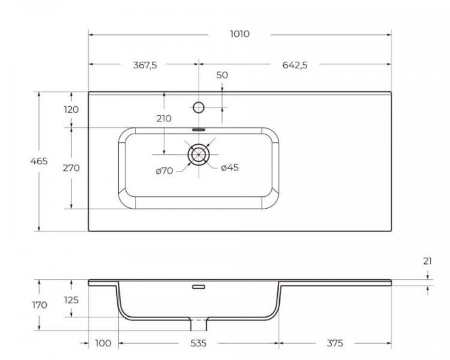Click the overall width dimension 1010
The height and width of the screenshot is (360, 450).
pyautogui.click(x=239, y=34)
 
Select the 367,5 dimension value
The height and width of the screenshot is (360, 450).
pyautogui.click(x=145, y=65)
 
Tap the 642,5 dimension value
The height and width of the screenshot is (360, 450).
pyautogui.click(x=295, y=65)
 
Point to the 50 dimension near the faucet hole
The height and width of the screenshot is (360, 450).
pyautogui.click(x=222, y=75)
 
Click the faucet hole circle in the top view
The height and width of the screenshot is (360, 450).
pyautogui.click(x=199, y=107)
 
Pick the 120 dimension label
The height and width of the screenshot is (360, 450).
pyautogui.click(x=71, y=110)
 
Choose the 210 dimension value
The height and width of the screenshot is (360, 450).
pyautogui.click(x=164, y=118)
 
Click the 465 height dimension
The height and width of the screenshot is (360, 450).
pyautogui.click(x=40, y=161)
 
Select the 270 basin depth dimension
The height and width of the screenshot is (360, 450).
pyautogui.click(x=71, y=168)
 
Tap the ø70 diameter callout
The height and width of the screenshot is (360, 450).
pyautogui.click(x=164, y=171)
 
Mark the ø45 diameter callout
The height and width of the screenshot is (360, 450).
pyautogui.click(x=230, y=167)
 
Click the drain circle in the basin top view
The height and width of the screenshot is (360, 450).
pyautogui.click(x=199, y=154)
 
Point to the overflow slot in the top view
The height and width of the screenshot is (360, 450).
pyautogui.click(x=199, y=128)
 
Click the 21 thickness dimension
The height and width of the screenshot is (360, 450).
pyautogui.click(x=427, y=261)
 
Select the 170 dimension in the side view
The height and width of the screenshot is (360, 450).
pyautogui.click(x=40, y=305)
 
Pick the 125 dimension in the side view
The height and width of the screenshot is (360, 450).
pyautogui.click(x=71, y=299)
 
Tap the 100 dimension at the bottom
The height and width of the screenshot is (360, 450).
pyautogui.click(x=103, y=343)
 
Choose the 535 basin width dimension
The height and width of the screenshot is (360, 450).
pyautogui.click(x=199, y=343)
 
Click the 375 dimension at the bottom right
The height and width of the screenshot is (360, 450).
pyautogui.click(x=335, y=343)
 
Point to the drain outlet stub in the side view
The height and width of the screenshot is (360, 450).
pyautogui.click(x=199, y=325)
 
